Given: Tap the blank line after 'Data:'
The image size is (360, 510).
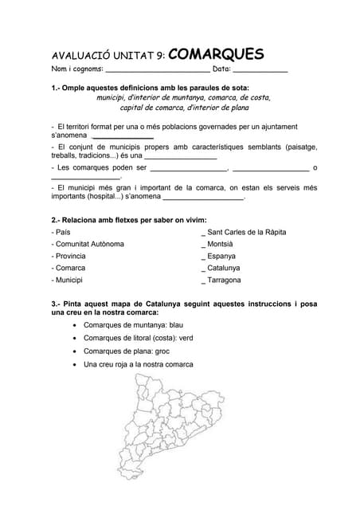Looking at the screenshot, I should coord(260,73).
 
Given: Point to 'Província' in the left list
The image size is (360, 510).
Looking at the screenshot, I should coord(68,256).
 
